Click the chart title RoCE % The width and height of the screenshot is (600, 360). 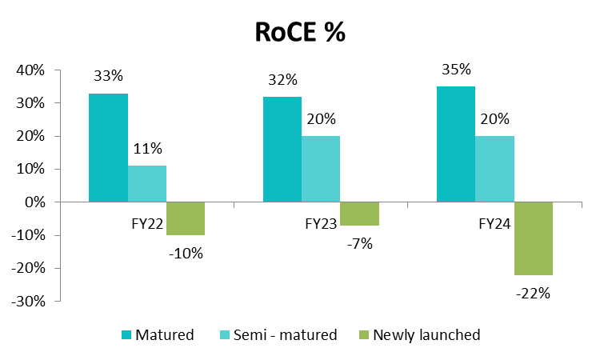point(300,32)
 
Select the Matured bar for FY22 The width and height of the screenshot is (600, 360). point(108,148)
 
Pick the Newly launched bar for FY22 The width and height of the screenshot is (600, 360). point(186,218)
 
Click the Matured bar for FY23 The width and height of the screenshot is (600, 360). point(282,150)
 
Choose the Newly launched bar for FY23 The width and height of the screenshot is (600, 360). point(359,214)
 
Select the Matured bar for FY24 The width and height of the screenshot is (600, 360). point(456,145)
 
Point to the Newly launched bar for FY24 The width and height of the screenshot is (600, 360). point(533,238)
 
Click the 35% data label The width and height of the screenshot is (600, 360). point(456,70)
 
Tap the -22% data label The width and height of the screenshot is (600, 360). point(533,293)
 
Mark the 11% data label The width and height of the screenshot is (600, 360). point(147,148)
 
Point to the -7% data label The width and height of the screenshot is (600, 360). point(359,244)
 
